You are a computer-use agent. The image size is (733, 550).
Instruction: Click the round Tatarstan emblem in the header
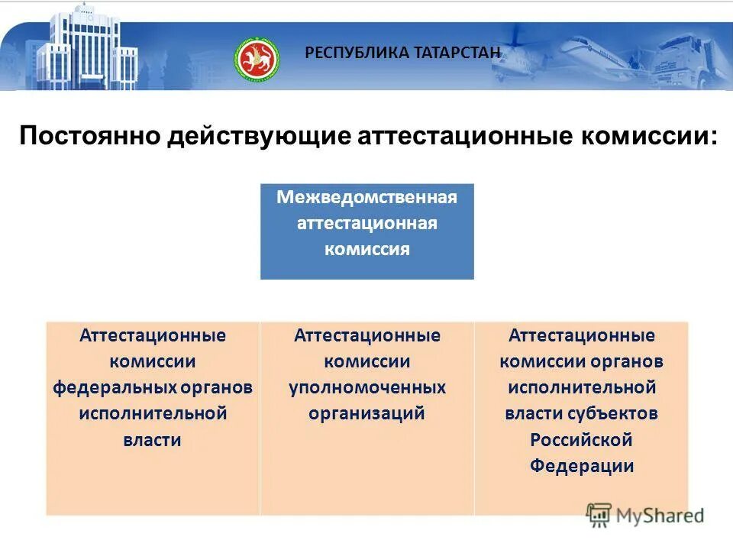257,58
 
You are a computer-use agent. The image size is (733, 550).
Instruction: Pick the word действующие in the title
259,137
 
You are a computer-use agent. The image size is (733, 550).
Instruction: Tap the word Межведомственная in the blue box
366,198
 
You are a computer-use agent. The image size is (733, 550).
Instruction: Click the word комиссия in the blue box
366,249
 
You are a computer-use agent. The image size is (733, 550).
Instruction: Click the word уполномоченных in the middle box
366,387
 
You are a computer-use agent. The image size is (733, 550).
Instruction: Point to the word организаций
366,413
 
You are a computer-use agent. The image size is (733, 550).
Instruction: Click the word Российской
581,440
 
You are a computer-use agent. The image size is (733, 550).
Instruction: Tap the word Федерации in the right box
581,466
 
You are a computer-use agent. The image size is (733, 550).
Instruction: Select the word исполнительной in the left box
153,413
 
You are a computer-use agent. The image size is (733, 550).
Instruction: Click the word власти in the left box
153,440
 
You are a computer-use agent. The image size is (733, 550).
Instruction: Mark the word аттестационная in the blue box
366,223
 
